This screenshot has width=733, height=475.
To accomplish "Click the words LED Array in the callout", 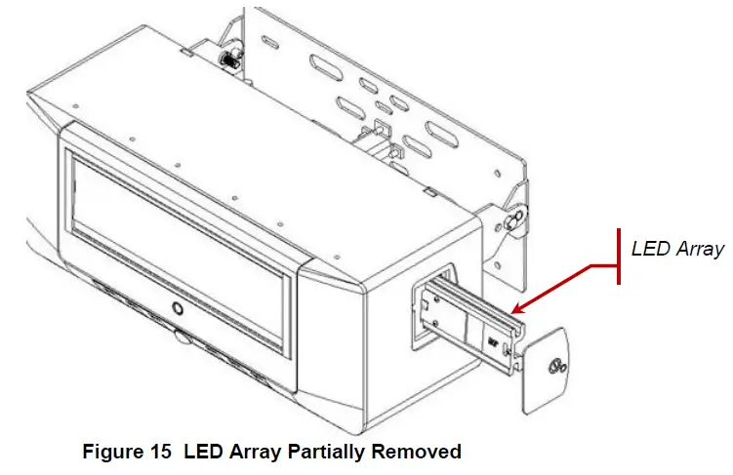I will (x=676, y=249).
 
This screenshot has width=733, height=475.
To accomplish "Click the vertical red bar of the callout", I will (x=619, y=257).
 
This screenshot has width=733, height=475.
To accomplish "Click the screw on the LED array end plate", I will (x=556, y=368).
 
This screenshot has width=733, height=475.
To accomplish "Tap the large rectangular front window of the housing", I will (x=181, y=230).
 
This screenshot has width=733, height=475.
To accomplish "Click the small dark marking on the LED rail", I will (x=494, y=342).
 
